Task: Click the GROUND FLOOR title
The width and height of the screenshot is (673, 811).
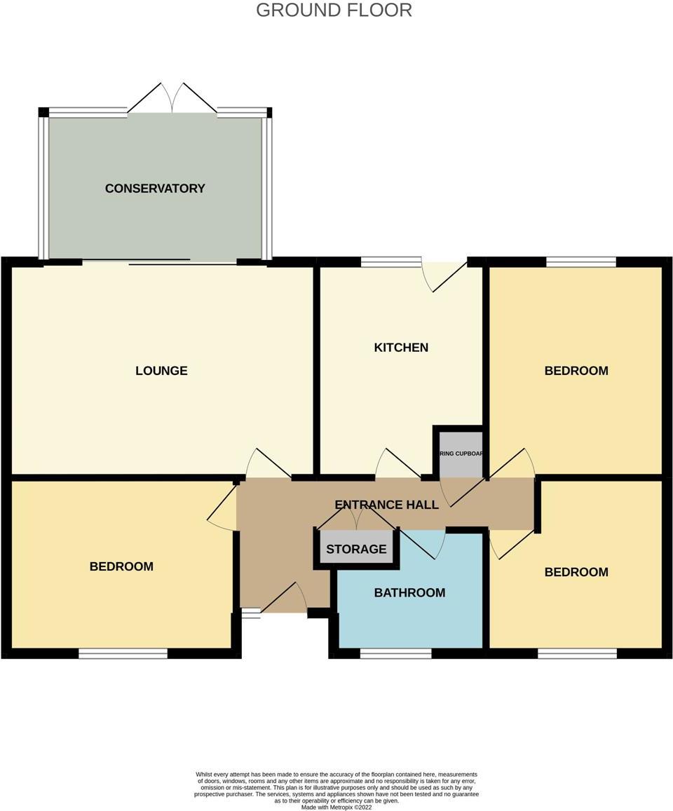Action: [x=334, y=11]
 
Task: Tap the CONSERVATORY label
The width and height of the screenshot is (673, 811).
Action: [x=155, y=188]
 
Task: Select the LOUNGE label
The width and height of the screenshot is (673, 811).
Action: [x=161, y=371]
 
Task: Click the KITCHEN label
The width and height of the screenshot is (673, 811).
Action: [x=401, y=348]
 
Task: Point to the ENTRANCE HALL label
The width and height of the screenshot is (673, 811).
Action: [x=386, y=505]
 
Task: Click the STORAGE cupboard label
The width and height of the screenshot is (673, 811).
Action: [x=356, y=549]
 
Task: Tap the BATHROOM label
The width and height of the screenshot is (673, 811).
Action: [x=409, y=593]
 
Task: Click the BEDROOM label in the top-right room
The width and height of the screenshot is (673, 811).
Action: [x=576, y=371]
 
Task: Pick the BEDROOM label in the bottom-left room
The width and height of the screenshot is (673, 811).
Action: [x=121, y=566]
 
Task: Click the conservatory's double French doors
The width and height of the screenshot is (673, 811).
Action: [x=172, y=99]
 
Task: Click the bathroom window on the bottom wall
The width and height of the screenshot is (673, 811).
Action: [x=396, y=654]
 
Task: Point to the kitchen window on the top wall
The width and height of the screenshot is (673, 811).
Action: [x=391, y=262]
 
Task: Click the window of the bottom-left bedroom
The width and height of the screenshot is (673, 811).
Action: [x=123, y=654]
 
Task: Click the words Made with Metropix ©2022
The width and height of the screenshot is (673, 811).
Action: [x=336, y=807]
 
